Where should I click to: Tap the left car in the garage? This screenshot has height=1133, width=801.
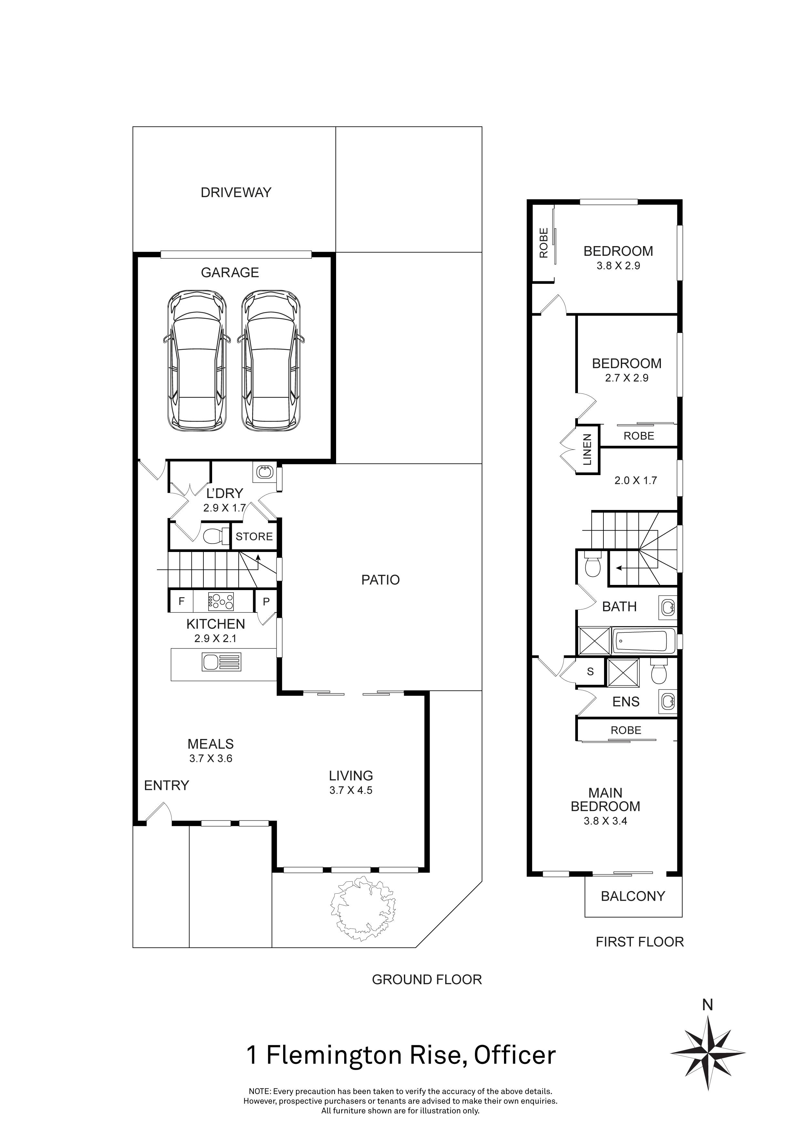[197, 360]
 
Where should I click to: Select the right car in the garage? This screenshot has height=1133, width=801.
[271, 360]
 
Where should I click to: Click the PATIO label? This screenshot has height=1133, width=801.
[380, 580]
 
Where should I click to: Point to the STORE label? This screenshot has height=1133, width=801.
[254, 537]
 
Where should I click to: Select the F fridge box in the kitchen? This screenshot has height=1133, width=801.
[181, 601]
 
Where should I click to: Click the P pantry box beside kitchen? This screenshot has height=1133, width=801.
[266, 601]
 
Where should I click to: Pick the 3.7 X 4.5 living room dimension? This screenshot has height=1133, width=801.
[351, 790]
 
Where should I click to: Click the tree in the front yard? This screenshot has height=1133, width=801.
[363, 908]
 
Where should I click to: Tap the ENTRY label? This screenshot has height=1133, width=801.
[166, 785]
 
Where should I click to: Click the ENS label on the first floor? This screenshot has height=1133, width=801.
[626, 702]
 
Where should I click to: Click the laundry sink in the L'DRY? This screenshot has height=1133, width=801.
[265, 472]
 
